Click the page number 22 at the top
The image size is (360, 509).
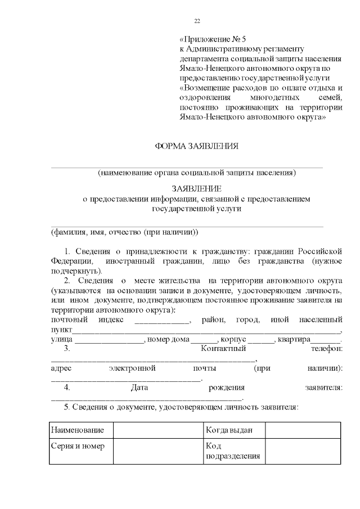pyautogui.click(x=197, y=21)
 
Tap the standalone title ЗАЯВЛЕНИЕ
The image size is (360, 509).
pyautogui.click(x=196, y=189)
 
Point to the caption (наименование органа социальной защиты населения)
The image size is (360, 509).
pyautogui.click(x=196, y=173)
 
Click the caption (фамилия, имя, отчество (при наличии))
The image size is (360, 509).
pyautogui.click(x=124, y=232)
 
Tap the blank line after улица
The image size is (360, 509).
pyautogui.click(x=109, y=341)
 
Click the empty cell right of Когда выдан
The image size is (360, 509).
pyautogui.click(x=303, y=430)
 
